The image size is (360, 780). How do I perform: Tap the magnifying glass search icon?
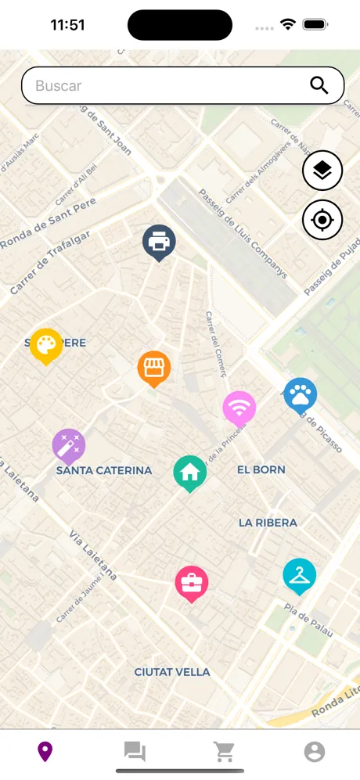pyautogui.click(x=319, y=85)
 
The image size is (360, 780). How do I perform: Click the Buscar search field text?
pyautogui.click(x=59, y=86)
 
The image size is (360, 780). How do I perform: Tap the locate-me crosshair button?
pyautogui.click(x=322, y=220)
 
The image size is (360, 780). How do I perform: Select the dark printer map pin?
pyautogui.click(x=159, y=241)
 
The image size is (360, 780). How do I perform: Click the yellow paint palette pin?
pyautogui.click(x=46, y=344)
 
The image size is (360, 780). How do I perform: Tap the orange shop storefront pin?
pyautogui.click(x=154, y=367)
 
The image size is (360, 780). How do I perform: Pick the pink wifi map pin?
pyautogui.click(x=239, y=408)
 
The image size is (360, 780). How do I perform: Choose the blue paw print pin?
pyautogui.click(x=300, y=395)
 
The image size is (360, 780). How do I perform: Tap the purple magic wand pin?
pyautogui.click(x=69, y=445)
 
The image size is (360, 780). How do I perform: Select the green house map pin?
pyautogui.click(x=189, y=472)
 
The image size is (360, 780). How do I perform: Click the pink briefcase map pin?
pyautogui.click(x=191, y=582)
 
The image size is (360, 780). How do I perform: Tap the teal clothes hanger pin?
pyautogui.click(x=299, y=575)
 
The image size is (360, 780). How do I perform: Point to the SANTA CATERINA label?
pyautogui.click(x=104, y=470)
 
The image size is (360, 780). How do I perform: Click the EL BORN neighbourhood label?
pyautogui.click(x=261, y=469)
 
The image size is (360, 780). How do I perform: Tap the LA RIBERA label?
pyautogui.click(x=268, y=522)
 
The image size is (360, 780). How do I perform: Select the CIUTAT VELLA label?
pyautogui.click(x=172, y=672)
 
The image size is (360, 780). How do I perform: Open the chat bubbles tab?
pyautogui.click(x=135, y=752)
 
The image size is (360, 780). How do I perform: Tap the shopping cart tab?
pyautogui.click(x=225, y=752)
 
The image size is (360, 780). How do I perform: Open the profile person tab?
pyautogui.click(x=315, y=752)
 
